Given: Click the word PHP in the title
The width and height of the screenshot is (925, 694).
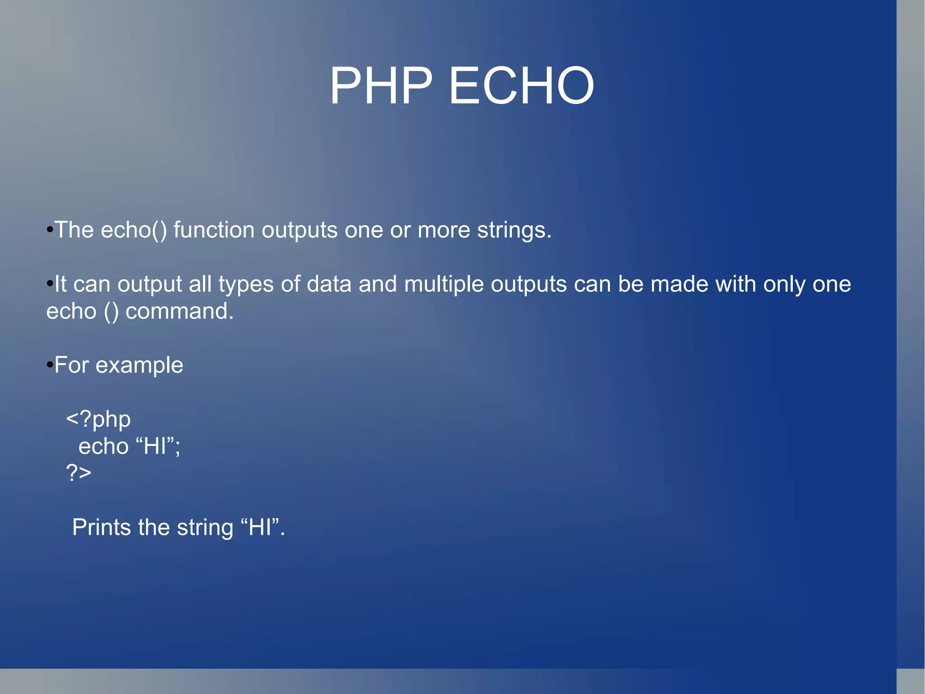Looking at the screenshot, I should [x=381, y=86].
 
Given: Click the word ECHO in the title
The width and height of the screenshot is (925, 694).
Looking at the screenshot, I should [x=521, y=86].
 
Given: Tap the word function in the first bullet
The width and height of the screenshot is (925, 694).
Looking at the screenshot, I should [x=214, y=230].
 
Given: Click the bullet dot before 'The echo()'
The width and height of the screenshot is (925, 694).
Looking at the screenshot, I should [x=50, y=230].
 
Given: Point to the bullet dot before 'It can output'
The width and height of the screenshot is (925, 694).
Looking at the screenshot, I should [x=50, y=284].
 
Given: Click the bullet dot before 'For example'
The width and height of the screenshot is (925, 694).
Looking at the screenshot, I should [x=50, y=365].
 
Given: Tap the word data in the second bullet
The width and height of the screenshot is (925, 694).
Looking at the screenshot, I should [x=329, y=284].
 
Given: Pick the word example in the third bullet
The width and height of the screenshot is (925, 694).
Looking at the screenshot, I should [x=139, y=365].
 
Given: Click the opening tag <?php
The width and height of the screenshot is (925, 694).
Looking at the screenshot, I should [x=98, y=420].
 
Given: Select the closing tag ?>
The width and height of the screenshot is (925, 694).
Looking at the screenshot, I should [x=79, y=473].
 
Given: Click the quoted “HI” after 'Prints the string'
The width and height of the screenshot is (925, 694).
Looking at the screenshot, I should [x=260, y=527].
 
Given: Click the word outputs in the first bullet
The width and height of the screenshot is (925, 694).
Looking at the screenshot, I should [x=299, y=231].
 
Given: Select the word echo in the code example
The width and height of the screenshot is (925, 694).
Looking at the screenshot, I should [x=103, y=446].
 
